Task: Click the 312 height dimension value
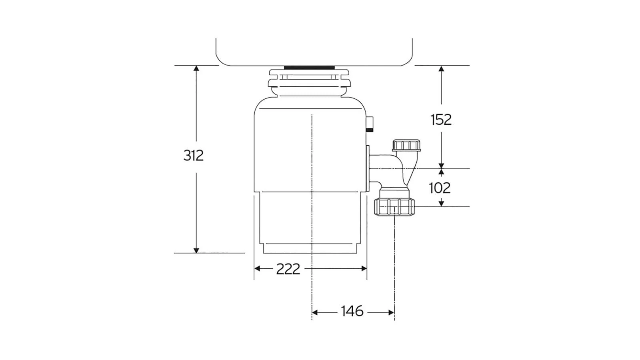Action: pos(194,155)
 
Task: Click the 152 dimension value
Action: pos(441,120)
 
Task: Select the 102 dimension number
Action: pos(440,188)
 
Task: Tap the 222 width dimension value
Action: pos(288,269)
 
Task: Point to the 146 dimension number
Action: pos(352,311)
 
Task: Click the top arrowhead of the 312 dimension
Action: pos(196,69)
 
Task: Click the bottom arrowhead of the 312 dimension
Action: pos(196,250)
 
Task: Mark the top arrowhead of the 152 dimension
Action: pos(441,69)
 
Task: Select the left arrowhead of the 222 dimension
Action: pos(258,268)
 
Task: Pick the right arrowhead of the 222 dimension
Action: pos(364,268)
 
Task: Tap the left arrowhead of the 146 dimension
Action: pos(315,312)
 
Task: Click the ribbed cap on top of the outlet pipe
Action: pos(406,145)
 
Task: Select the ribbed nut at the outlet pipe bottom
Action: pos(395,207)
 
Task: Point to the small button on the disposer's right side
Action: pos(370,124)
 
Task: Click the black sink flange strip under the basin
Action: pos(309,67)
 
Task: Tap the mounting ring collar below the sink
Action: pos(309,82)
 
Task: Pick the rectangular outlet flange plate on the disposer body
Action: pos(367,168)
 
